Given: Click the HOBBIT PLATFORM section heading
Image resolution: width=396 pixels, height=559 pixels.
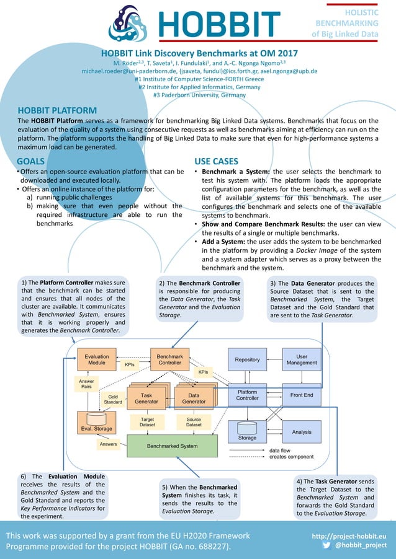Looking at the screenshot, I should pos(57,110).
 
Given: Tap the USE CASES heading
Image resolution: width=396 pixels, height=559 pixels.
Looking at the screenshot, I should pos(216,161).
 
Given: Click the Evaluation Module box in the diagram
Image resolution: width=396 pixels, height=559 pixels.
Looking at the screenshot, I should pos(96,360).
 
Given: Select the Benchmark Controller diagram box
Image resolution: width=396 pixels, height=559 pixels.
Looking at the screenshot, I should pos(169,360).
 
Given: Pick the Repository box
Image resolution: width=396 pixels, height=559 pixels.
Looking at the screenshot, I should pos(247,359).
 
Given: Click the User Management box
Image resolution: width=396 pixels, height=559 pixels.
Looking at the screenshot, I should pos(302,359).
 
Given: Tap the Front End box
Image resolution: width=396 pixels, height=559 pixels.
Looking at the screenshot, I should pos(302,395).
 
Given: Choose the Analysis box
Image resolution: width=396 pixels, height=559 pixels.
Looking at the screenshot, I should pos(302,431).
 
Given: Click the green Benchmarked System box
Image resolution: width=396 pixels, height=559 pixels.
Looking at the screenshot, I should pos(172,446).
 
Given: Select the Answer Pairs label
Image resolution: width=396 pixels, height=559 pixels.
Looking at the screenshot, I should pos(87,384).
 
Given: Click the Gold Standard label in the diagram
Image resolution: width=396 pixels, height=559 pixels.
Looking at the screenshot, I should pos(113,400).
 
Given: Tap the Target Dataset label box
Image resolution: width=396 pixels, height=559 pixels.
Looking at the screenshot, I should pos(147,422).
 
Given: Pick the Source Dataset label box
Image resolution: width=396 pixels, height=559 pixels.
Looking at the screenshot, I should pos(194,422).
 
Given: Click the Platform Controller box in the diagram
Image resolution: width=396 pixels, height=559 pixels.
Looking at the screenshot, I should pos(247,395).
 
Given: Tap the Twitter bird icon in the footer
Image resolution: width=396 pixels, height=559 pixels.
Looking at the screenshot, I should pos(327,545).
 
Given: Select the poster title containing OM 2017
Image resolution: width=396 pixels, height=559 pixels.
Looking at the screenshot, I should pos(199,53).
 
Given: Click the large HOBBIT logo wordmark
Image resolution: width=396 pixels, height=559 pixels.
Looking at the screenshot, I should pos(220,24).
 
